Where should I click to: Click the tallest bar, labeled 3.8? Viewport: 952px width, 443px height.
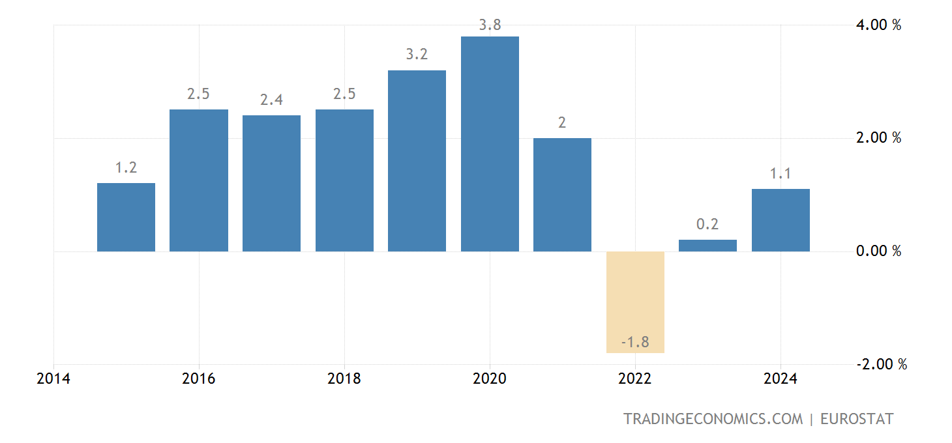(x=490, y=144)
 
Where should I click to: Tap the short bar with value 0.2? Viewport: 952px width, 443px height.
(x=707, y=246)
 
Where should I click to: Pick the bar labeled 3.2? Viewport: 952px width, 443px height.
(x=417, y=161)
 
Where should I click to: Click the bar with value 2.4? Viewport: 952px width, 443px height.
(x=271, y=183)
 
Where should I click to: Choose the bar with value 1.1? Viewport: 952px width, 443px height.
(x=781, y=220)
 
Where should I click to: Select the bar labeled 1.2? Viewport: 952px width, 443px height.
(x=126, y=217)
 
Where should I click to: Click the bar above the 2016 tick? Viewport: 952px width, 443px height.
(x=199, y=180)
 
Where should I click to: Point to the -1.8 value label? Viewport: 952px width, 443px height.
(x=635, y=342)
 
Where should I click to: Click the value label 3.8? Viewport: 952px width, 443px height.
(x=490, y=25)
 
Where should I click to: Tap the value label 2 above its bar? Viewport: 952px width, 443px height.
(x=562, y=122)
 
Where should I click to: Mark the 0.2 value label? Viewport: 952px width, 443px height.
(x=707, y=225)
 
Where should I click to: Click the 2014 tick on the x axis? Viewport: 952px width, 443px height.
(x=54, y=379)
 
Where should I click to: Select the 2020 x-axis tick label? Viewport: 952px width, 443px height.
(x=490, y=379)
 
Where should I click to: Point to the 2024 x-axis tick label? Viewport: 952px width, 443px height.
(x=781, y=379)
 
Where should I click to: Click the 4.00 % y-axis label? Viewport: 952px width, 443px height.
(x=878, y=25)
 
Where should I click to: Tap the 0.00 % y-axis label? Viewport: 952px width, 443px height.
(x=878, y=251)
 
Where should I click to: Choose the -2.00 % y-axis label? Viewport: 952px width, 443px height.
(x=881, y=364)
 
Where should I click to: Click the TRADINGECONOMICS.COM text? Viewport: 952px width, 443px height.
(x=713, y=419)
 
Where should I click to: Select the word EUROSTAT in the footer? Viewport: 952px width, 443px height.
(x=857, y=419)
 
